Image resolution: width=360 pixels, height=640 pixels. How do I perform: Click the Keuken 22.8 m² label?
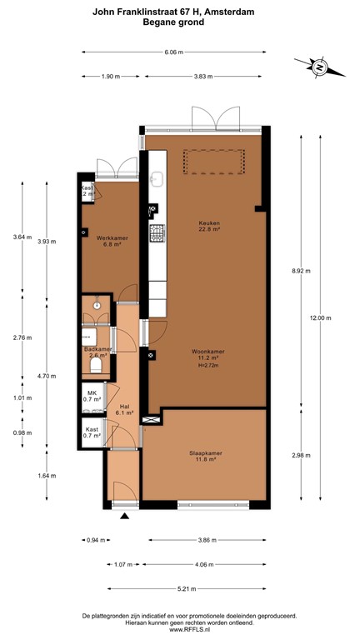pyautogui.click(x=208, y=226)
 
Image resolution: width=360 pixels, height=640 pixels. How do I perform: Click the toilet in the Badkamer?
pyautogui.click(x=96, y=364)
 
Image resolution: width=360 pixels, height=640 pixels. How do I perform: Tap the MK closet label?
pyautogui.click(x=92, y=396)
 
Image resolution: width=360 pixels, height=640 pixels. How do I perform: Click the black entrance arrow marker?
pyautogui.click(x=125, y=517)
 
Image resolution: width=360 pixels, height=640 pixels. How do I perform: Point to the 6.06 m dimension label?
pyautogui.click(x=173, y=52)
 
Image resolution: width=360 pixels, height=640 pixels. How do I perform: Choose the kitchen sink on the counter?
pyautogui.click(x=155, y=177)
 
